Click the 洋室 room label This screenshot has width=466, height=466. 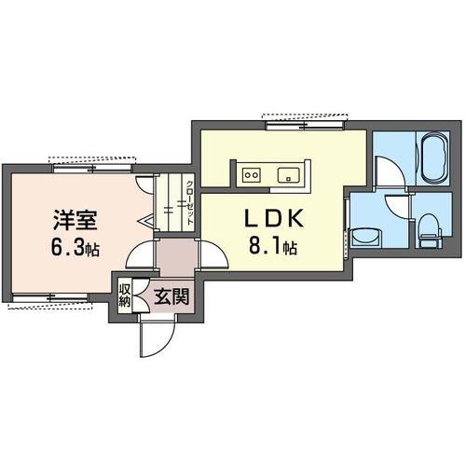pos(75,220)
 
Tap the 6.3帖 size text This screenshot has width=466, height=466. pos(75,248)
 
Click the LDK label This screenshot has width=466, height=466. pos(274,218)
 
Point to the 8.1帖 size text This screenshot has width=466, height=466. pos(272,246)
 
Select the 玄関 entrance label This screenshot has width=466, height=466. pos(171,296)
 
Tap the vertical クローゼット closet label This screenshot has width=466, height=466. pos(189,203)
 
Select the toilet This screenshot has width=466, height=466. pos(431,230)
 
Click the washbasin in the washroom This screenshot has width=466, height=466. pos(366,238)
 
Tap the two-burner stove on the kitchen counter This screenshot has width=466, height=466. pos(252,175)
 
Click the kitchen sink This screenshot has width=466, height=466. pos(289,175)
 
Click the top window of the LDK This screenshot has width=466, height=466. pos(305,126)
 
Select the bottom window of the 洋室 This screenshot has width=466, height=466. pos(49,298)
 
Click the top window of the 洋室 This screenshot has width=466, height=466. pos(92,168)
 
